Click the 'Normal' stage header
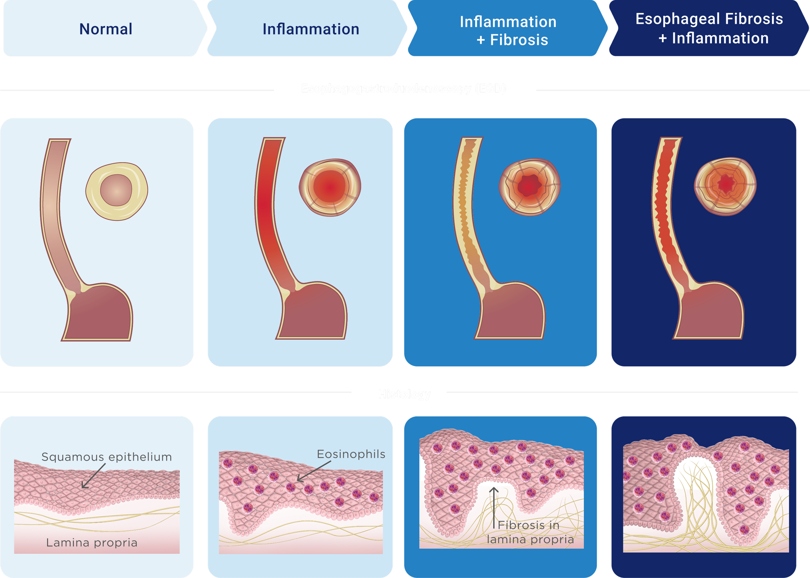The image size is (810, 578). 105,29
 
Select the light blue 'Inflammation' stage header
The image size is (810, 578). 311,29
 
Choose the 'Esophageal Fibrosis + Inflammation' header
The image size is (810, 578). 709,28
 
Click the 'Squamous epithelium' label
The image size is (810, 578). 106,457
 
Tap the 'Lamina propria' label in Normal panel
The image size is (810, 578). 92,543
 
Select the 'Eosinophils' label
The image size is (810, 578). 351,454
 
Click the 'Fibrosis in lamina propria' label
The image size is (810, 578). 530,533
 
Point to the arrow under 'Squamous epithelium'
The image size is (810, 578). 93,476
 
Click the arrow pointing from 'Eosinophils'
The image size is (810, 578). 314,471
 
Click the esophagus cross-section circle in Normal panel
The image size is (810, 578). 117,191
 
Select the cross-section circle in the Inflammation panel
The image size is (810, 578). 330,187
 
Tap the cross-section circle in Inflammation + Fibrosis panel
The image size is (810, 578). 530,186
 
